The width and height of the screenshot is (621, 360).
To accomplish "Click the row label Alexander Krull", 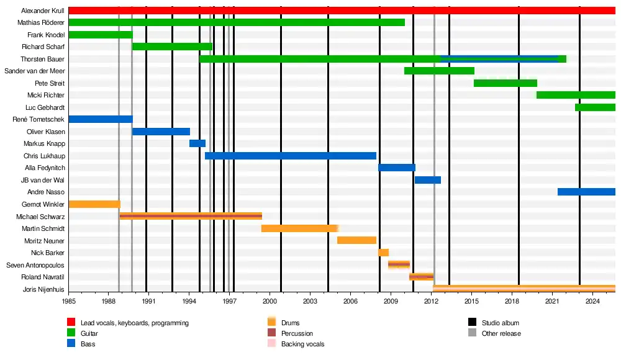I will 42,11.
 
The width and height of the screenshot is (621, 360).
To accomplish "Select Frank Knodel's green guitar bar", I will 100,35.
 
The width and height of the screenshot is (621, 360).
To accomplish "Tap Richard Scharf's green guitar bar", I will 172,47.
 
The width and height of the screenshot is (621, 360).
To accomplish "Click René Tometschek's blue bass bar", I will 100,119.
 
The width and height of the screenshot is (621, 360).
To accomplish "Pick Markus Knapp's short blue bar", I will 197,143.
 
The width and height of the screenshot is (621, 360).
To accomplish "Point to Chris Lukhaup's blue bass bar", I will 291,156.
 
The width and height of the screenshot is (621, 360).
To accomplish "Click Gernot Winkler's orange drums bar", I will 94,204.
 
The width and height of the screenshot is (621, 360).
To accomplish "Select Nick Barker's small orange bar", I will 383,253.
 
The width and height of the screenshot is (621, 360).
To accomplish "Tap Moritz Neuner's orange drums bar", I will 356,240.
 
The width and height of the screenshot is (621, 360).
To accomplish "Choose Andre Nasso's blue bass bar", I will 586,192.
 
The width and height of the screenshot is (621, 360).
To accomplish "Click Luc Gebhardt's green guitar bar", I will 595,107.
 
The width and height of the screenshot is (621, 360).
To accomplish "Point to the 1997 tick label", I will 229,301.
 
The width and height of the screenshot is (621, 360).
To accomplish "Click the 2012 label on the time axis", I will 431,301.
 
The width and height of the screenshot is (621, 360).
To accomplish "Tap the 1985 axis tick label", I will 68,301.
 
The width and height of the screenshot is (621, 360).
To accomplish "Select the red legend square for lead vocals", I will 71,323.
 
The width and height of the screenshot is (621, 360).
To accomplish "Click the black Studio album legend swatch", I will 472,323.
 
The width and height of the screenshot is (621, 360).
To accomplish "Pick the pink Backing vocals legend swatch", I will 271,344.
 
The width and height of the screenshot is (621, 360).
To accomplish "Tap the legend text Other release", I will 501,333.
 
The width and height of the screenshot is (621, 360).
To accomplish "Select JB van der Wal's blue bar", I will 428,180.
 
